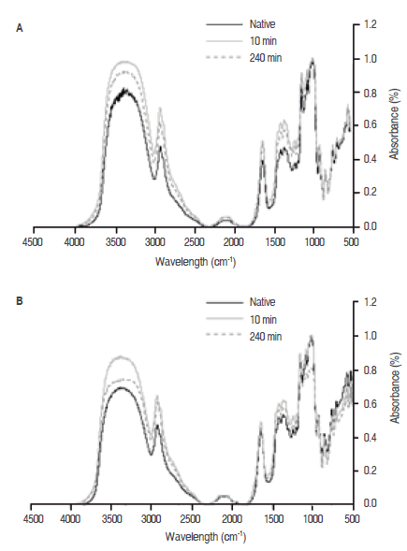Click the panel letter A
pyautogui.click(x=20, y=28)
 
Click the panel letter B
pyautogui.click(x=20, y=301)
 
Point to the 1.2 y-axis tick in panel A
pyautogui.click(x=370, y=24)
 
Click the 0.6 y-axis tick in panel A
pyautogui.click(x=370, y=125)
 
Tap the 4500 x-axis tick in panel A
pyautogui.click(x=33, y=242)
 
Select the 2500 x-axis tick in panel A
pyautogui.click(x=195, y=242)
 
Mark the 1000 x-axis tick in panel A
pyautogui.click(x=314, y=242)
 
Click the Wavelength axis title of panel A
pyautogui.click(x=196, y=262)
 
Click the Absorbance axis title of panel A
pyautogui.click(x=395, y=123)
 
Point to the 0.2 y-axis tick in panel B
pyautogui.click(x=370, y=471)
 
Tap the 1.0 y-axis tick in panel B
pyautogui.click(x=370, y=336)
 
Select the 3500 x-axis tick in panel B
pyautogui.click(x=111, y=518)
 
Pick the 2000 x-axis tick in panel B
pyautogui.click(x=232, y=518)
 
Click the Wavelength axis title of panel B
pyautogui.click(x=205, y=537)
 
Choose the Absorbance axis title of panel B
pyautogui.click(x=395, y=387)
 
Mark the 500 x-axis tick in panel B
pyautogui.click(x=352, y=518)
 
